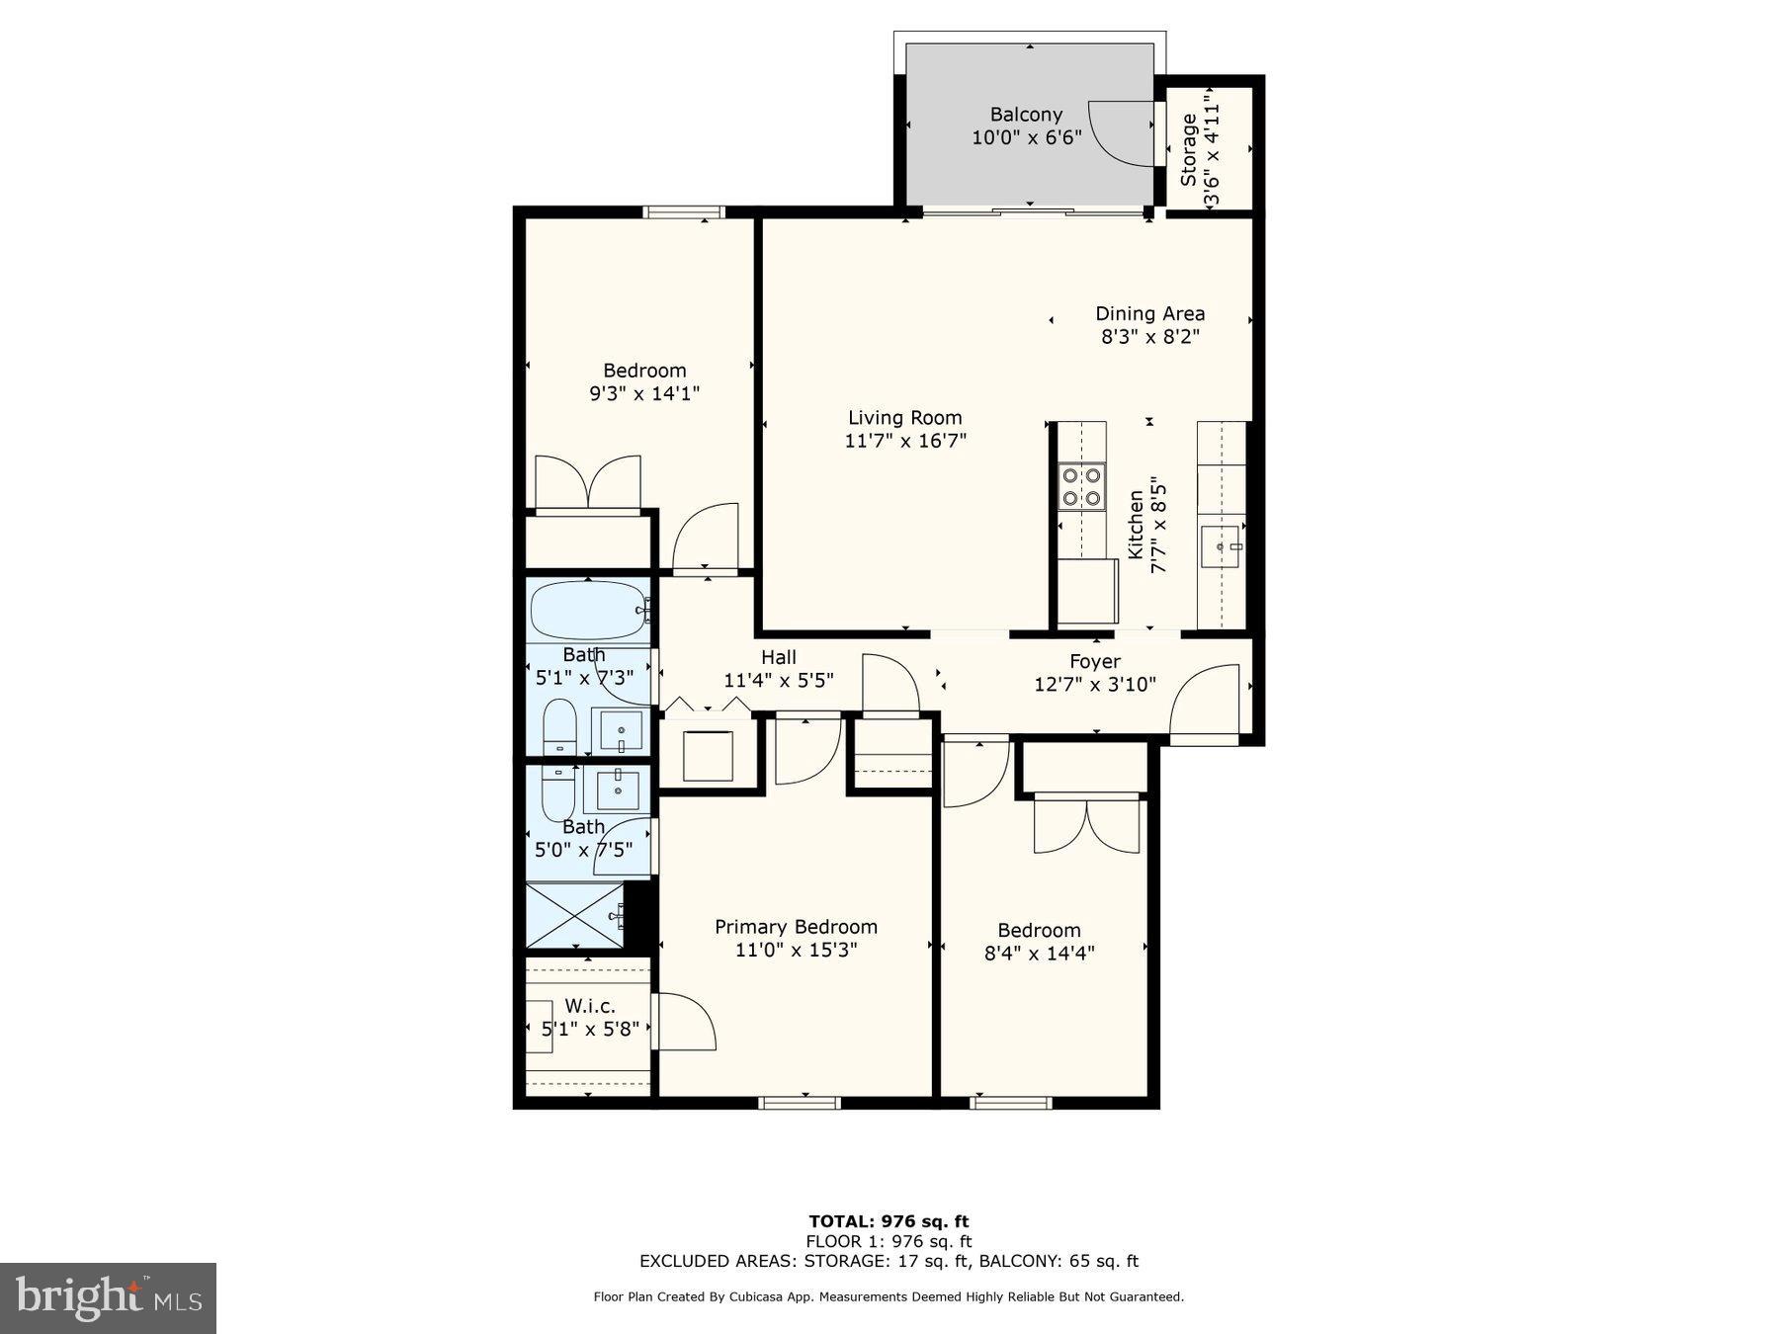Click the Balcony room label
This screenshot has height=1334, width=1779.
pyautogui.click(x=1026, y=115)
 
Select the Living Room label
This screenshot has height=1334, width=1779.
pyautogui.click(x=904, y=418)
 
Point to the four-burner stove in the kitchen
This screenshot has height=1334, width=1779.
pyautogui.click(x=1081, y=486)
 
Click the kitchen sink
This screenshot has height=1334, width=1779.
pyautogui.click(x=1222, y=546)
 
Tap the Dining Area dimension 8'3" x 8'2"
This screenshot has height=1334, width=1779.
pyautogui.click(x=1149, y=337)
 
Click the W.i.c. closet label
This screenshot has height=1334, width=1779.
pyautogui.click(x=589, y=1006)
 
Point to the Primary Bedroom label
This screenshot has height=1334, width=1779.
pyautogui.click(x=796, y=927)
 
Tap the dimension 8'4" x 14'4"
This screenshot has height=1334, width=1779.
pyautogui.click(x=1039, y=954)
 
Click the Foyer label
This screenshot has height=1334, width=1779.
pyautogui.click(x=1094, y=662)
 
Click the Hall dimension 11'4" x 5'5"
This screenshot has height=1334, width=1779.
pyautogui.click(x=778, y=681)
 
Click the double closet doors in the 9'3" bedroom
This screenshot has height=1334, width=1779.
pyautogui.click(x=588, y=483)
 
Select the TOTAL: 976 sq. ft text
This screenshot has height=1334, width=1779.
pyautogui.click(x=889, y=1221)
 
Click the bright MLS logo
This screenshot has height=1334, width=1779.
pyautogui.click(x=108, y=1297)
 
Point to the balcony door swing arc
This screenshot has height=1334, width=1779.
pyautogui.click(x=1122, y=133)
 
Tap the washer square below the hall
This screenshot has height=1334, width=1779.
pyautogui.click(x=708, y=756)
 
